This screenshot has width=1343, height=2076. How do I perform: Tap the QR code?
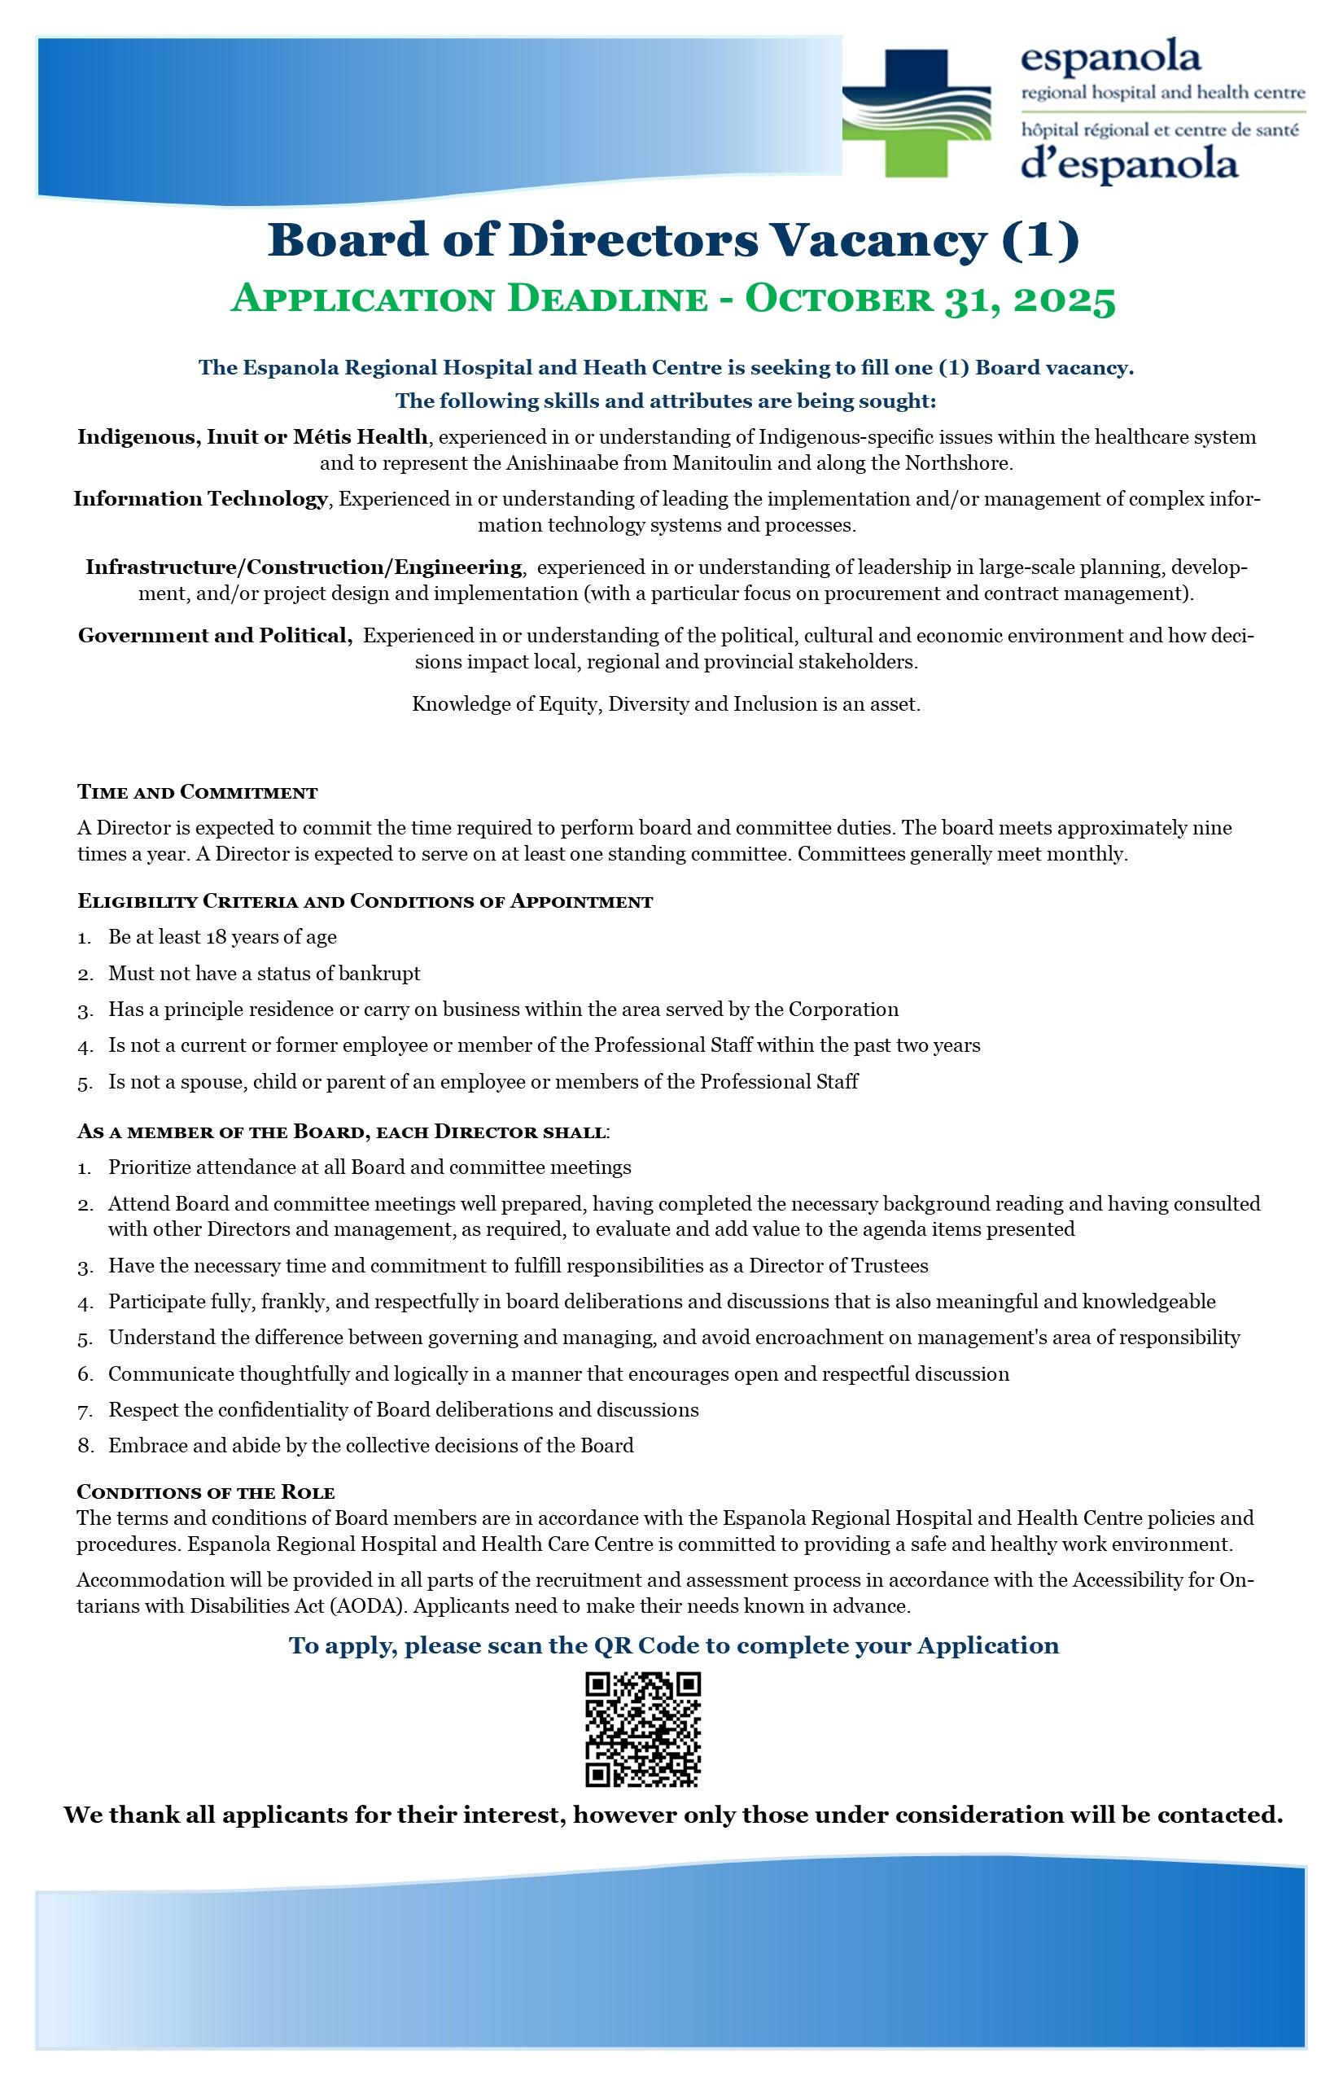pyautogui.click(x=643, y=1730)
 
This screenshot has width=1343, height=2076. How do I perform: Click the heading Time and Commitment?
pyautogui.click(x=197, y=793)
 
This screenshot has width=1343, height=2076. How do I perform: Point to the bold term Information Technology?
pyautogui.click(x=200, y=499)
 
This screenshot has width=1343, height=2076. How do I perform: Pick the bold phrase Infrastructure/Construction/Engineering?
pyautogui.click(x=304, y=568)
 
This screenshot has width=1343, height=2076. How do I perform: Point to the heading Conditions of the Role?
pyautogui.click(x=206, y=1492)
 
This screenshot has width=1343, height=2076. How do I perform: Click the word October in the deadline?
pyautogui.click(x=839, y=300)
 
